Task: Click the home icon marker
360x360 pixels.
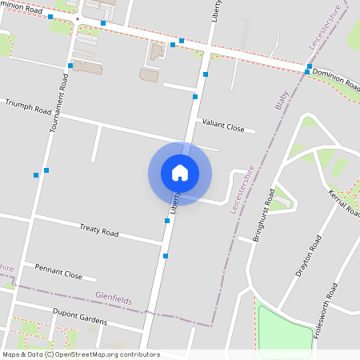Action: [x=180, y=173]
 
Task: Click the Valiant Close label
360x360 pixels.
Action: [x=223, y=126]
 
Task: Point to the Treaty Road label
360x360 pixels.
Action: [x=99, y=232]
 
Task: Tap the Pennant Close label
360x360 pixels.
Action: [x=58, y=271]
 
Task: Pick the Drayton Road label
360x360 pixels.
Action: [x=308, y=256]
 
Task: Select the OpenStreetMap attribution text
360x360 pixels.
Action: [x=81, y=354]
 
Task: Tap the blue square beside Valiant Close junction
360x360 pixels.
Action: [x=195, y=97]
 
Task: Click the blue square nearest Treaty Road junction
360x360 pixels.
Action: [x=166, y=221]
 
